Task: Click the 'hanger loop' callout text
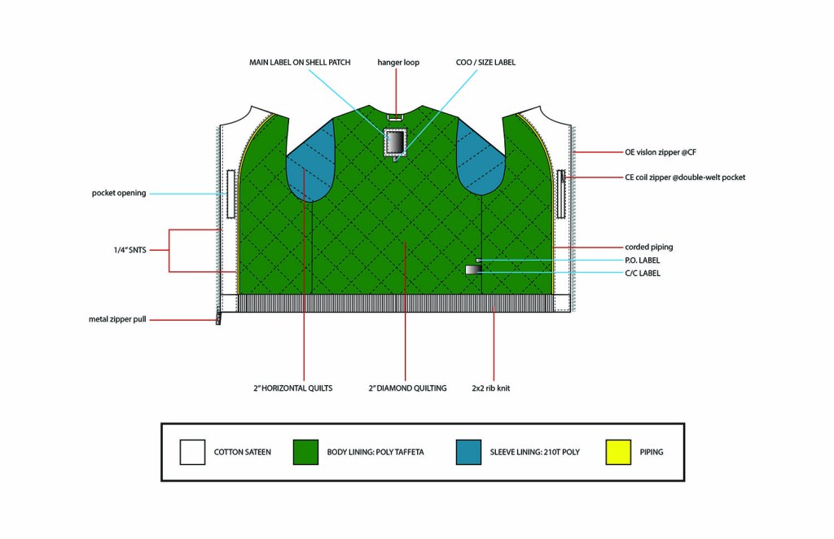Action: point(398,63)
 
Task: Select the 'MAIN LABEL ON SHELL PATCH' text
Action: point(300,63)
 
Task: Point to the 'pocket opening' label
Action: point(119,193)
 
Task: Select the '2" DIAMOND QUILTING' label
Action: point(407,388)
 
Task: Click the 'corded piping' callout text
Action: point(649,247)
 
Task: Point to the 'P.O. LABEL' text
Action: point(643,260)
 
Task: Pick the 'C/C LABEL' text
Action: point(643,273)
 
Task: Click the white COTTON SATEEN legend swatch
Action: point(191,452)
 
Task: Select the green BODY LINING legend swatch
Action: point(305,452)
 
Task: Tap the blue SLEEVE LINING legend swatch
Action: point(468,452)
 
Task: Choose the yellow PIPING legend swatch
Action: point(619,452)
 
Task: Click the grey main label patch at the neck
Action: point(396,143)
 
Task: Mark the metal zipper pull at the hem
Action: point(218,318)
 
